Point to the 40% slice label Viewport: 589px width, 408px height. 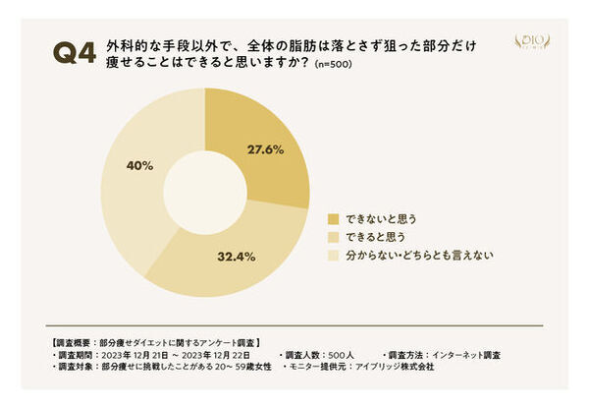tap(139, 165)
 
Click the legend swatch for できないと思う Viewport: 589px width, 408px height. tap(332, 217)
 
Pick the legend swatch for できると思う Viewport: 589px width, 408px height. tap(332, 236)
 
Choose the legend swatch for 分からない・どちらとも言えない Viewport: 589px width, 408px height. tap(332, 255)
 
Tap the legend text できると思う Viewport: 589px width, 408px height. tap(374, 236)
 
